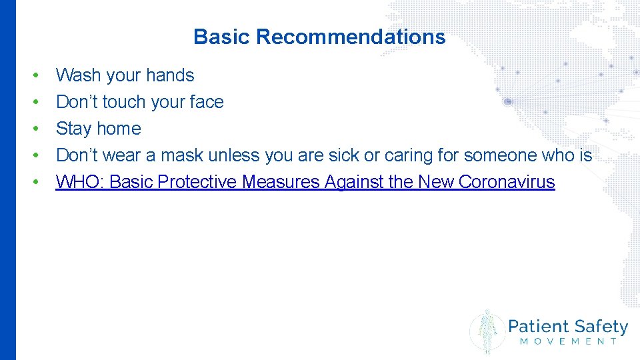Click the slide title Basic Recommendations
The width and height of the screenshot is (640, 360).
[319, 37]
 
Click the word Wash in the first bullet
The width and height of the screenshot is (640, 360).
[77, 75]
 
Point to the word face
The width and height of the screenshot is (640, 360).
[206, 102]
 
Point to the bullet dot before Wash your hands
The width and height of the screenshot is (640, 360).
[35, 75]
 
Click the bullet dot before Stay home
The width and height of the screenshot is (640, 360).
[35, 129]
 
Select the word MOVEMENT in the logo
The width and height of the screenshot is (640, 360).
[568, 341]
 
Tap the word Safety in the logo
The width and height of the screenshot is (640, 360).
[600, 327]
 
